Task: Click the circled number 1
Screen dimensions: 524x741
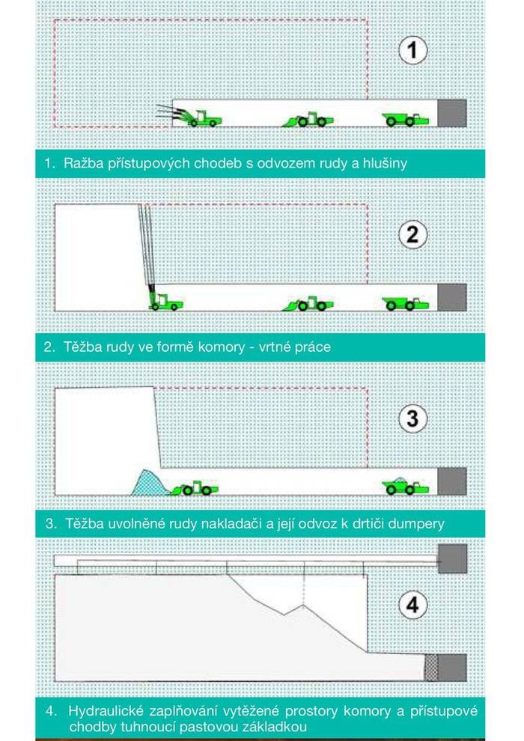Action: point(412,51)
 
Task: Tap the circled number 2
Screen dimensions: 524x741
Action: point(412,235)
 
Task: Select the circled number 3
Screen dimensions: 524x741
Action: point(412,418)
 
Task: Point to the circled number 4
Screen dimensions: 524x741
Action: point(412,605)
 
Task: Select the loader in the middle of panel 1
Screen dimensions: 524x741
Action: point(308,120)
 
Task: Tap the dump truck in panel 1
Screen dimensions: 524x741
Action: point(406,120)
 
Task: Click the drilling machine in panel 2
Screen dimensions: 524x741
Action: point(165,302)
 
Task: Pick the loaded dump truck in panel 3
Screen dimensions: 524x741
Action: point(406,487)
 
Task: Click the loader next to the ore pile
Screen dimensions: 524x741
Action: point(195,488)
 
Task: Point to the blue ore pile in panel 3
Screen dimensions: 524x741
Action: point(149,483)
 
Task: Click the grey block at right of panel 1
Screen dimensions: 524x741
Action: point(452,114)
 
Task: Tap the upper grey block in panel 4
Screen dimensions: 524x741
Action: point(453,558)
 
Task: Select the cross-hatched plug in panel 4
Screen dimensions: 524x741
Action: point(431,668)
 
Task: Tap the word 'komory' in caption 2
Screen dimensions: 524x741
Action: point(222,348)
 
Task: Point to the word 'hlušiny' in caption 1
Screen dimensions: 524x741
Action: point(385,163)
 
